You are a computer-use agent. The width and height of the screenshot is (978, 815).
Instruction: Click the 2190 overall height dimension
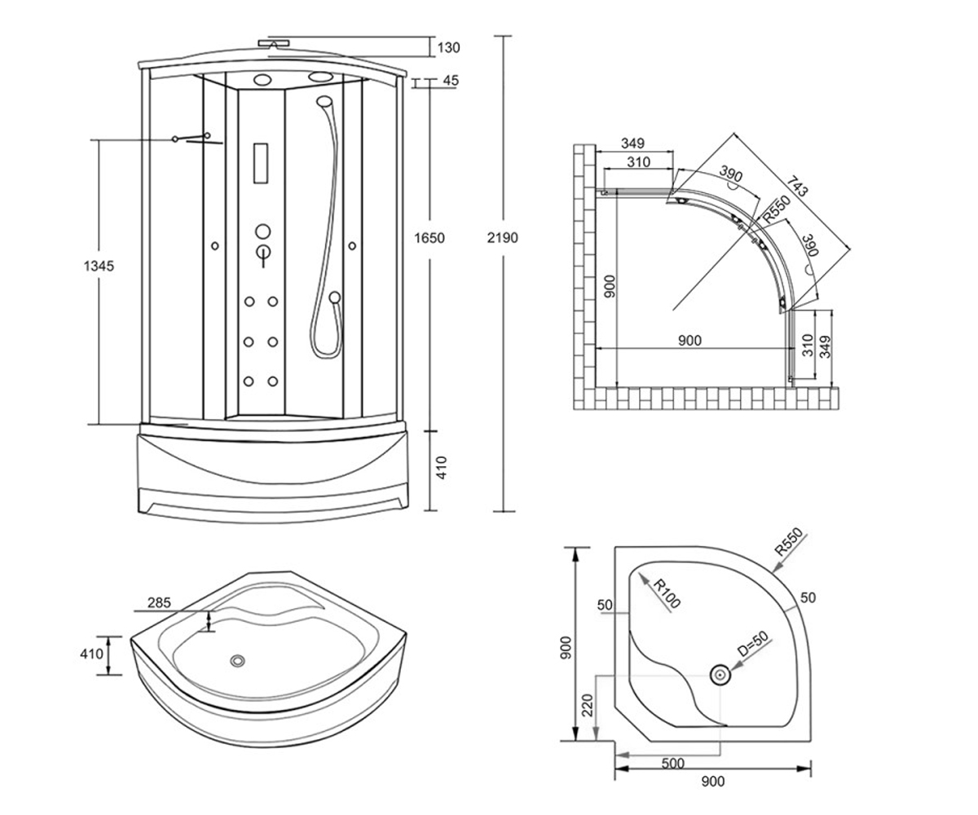(x=502, y=238)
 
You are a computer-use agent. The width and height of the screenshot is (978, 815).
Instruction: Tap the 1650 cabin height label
(x=429, y=238)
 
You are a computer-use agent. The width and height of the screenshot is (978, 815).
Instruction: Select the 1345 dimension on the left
(x=99, y=266)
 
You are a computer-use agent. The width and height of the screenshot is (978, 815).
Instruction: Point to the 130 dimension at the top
(x=449, y=48)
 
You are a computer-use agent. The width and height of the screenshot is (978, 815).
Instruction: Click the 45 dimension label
(x=451, y=81)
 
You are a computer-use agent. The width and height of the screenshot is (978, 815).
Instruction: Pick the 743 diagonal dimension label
(x=797, y=186)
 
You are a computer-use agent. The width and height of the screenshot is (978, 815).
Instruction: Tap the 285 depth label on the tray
(x=159, y=602)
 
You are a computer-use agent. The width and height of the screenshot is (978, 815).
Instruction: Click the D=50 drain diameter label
(x=753, y=644)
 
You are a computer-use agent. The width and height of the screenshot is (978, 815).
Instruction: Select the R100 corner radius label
(x=667, y=594)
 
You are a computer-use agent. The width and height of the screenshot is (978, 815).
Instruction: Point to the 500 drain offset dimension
(x=672, y=764)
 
